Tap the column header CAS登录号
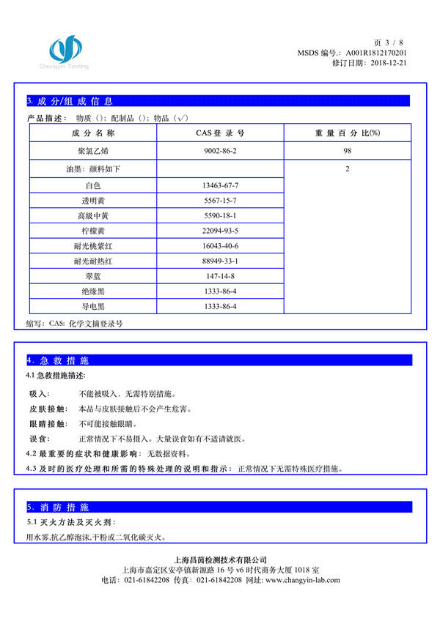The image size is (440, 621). [220, 133]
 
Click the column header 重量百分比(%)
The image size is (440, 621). [347, 133]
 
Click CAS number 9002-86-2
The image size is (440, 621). [221, 151]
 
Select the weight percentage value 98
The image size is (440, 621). [347, 151]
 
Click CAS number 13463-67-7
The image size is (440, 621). [221, 186]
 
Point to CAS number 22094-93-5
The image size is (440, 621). [221, 230]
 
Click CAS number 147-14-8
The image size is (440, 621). [221, 276]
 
